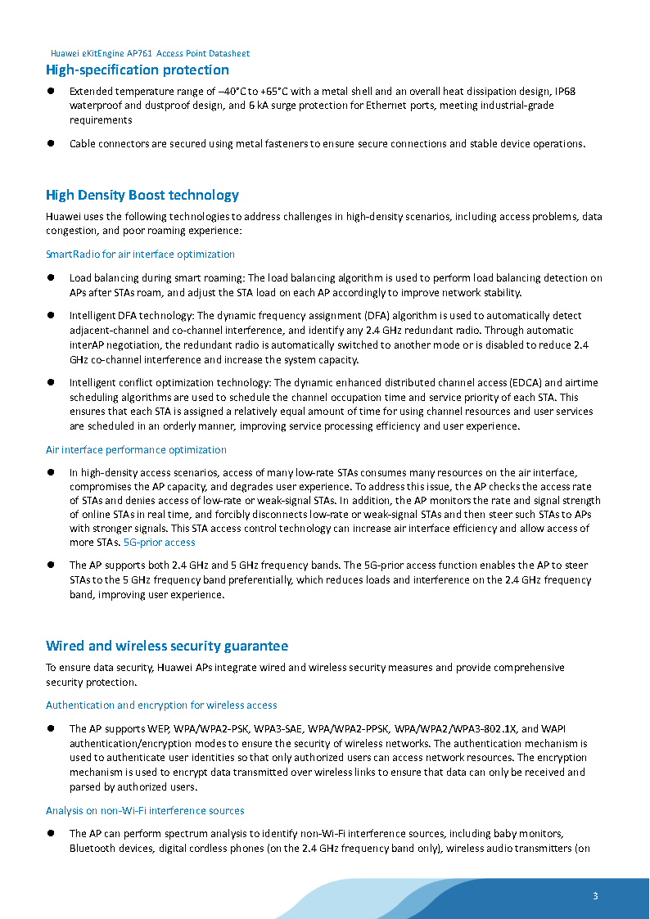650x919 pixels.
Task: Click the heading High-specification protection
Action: [138, 70]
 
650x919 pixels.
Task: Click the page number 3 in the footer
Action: [595, 895]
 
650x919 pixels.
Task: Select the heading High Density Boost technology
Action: [142, 195]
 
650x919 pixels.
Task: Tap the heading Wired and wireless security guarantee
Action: [167, 646]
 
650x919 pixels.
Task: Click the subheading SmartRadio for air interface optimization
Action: [140, 255]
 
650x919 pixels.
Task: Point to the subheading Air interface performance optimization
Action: [136, 450]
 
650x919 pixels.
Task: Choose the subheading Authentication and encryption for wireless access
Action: [161, 705]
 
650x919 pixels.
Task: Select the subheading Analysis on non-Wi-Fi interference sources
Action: [145, 811]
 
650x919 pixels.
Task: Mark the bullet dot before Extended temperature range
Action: [50, 91]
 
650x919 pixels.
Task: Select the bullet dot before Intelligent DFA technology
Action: [50, 315]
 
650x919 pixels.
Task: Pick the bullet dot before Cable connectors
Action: [50, 143]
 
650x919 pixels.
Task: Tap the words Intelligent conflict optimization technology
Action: [169, 382]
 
